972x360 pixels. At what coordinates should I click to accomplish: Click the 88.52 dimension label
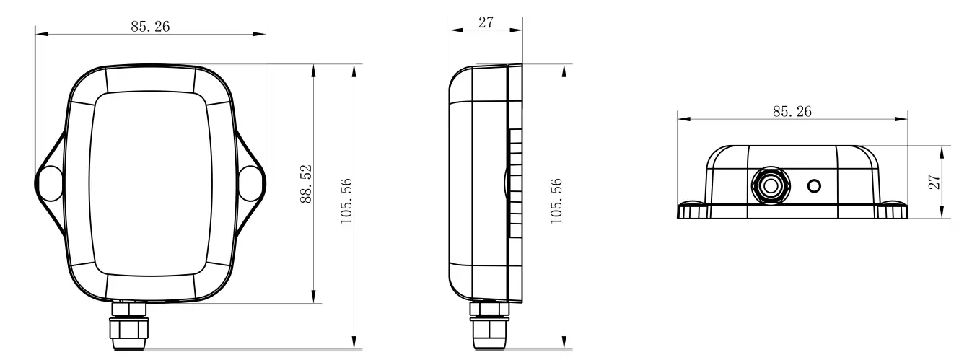(x=306, y=184)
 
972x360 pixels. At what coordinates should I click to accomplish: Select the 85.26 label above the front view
(x=151, y=27)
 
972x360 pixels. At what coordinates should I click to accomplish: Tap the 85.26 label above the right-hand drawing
(x=792, y=112)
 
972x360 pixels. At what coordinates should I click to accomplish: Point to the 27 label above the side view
(x=486, y=22)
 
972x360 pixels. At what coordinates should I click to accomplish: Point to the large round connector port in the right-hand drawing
(x=771, y=185)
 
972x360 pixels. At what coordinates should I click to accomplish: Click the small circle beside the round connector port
(x=814, y=186)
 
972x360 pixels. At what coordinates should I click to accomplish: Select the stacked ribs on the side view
(x=515, y=184)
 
